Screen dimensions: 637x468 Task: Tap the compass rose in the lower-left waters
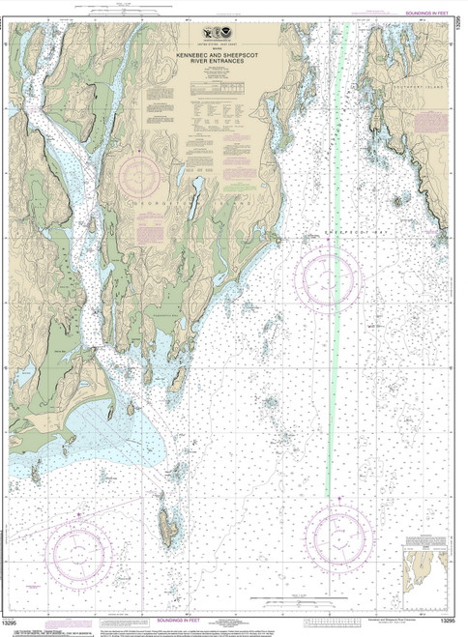pyautogui.click(x=82, y=552)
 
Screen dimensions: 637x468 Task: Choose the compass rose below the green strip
pyautogui.click(x=337, y=535)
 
